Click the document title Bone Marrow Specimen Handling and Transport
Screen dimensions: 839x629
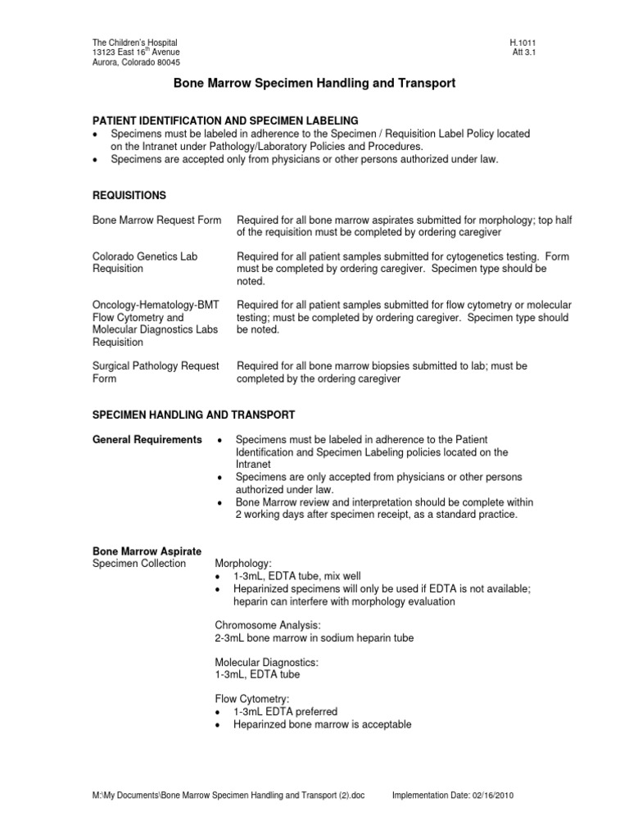314,84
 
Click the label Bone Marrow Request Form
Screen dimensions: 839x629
156,220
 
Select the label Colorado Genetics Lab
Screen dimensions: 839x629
145,256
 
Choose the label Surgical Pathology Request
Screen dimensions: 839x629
155,365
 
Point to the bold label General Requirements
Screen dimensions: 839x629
147,440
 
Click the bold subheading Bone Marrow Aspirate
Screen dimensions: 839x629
147,551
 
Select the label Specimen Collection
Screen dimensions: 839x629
138,564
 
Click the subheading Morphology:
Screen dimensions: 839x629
242,564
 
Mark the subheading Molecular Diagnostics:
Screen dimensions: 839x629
261,662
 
